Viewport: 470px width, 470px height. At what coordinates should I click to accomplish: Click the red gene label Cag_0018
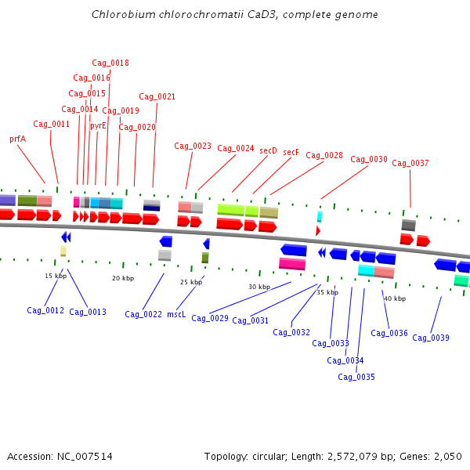pyautogui.click(x=110, y=63)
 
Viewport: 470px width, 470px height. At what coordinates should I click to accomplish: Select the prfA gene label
pyautogui.click(x=18, y=139)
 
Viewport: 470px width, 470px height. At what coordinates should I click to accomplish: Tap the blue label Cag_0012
pyautogui.click(x=45, y=311)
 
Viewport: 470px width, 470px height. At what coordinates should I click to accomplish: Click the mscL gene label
pyautogui.click(x=176, y=314)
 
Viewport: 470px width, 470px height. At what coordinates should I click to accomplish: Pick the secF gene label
pyautogui.click(x=291, y=152)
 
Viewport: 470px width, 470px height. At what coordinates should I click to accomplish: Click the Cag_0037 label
pyautogui.click(x=410, y=163)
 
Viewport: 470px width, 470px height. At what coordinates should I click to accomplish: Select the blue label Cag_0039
pyautogui.click(x=431, y=338)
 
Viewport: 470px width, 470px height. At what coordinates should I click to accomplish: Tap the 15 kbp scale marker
pyautogui.click(x=56, y=276)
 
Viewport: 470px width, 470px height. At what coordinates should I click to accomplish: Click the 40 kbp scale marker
pyautogui.click(x=395, y=298)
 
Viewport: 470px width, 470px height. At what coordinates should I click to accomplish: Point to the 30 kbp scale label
pyautogui.click(x=259, y=287)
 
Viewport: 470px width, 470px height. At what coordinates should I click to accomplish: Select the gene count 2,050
pyautogui.click(x=446, y=457)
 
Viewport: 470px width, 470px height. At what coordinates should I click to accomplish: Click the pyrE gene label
pyautogui.click(x=98, y=125)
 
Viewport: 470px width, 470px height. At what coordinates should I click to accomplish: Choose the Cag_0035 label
pyautogui.click(x=356, y=377)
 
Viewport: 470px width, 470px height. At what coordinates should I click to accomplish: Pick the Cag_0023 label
pyautogui.click(x=193, y=146)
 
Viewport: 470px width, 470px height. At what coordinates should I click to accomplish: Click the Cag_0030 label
pyautogui.click(x=369, y=159)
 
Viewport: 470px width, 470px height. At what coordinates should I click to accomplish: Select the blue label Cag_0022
pyautogui.click(x=143, y=314)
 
